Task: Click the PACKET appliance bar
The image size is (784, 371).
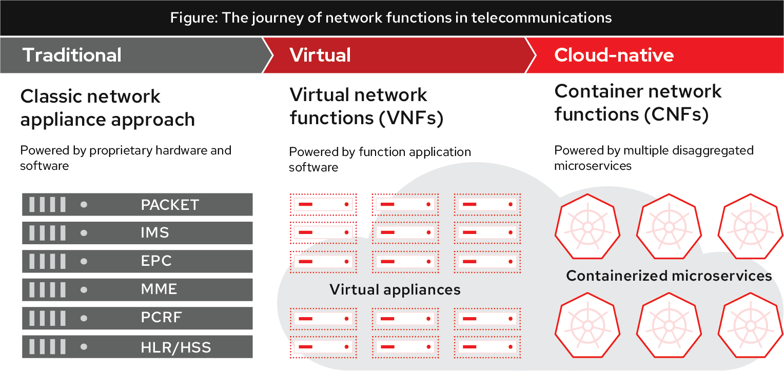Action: pyautogui.click(x=138, y=205)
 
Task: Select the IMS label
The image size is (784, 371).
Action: pyautogui.click(x=155, y=233)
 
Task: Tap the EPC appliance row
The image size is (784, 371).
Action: pyautogui.click(x=138, y=261)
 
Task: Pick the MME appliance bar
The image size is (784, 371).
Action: pyautogui.click(x=138, y=289)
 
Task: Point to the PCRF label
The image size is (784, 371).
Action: pyautogui.click(x=162, y=318)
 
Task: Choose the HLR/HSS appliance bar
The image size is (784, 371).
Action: pyautogui.click(x=138, y=347)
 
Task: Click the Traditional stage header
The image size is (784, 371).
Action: pyautogui.click(x=72, y=55)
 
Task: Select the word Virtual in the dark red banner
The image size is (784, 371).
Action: pyautogui.click(x=320, y=55)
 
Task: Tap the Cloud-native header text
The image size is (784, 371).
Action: pyautogui.click(x=614, y=55)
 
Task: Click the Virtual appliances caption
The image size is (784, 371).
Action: pyautogui.click(x=395, y=289)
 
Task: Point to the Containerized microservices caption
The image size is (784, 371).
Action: pyautogui.click(x=669, y=276)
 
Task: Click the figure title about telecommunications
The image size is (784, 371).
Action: pyautogui.click(x=391, y=18)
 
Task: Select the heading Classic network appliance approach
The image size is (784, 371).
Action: pyautogui.click(x=108, y=108)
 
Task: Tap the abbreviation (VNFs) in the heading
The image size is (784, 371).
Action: pyautogui.click(x=411, y=119)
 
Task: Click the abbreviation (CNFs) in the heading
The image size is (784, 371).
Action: pyautogui.click(x=677, y=114)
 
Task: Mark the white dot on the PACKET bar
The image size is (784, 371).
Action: pyautogui.click(x=84, y=205)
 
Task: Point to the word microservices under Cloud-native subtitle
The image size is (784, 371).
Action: pyautogui.click(x=593, y=166)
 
